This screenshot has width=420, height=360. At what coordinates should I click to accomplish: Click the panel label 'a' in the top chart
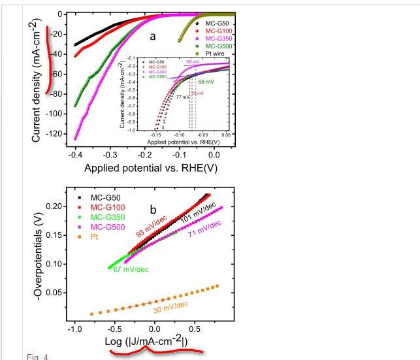coord(152,37)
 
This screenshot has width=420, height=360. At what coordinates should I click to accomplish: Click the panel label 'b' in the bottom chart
coord(153,210)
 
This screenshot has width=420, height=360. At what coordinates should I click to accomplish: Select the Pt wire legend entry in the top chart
coord(217,54)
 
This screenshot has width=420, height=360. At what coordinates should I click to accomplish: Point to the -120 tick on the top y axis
coord(56,134)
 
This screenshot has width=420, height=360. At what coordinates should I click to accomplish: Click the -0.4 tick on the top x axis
coord(75,154)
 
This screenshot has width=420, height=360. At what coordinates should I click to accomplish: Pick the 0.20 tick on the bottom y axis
coord(57,206)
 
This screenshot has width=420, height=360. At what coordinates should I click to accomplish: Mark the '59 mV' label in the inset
coord(193,61)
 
